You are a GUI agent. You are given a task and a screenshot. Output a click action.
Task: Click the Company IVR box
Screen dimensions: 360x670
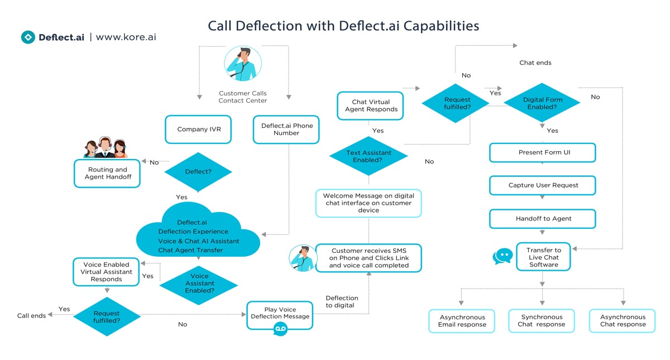pyautogui.click(x=199, y=129)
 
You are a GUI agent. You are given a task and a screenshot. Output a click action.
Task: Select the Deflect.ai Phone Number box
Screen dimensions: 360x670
pyautogui.click(x=286, y=129)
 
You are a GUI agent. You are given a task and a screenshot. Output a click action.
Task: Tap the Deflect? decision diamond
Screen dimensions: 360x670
pyautogui.click(x=198, y=172)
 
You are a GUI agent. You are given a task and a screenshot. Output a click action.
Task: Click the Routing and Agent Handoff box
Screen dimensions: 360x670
pyautogui.click(x=107, y=173)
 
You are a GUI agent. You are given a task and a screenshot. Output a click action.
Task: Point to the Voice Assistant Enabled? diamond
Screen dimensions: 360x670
pyautogui.click(x=199, y=284)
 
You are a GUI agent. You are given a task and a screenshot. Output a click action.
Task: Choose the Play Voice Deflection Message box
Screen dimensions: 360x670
pyautogui.click(x=280, y=314)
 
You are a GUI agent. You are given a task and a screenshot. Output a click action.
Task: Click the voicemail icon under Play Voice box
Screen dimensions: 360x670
pyautogui.click(x=280, y=330)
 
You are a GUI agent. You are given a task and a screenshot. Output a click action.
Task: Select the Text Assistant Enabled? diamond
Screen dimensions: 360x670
pyautogui.click(x=368, y=156)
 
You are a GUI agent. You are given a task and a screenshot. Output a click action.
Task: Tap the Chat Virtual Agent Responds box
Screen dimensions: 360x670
pyautogui.click(x=371, y=106)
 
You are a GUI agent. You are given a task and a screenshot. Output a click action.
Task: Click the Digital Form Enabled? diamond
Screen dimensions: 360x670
pyautogui.click(x=543, y=103)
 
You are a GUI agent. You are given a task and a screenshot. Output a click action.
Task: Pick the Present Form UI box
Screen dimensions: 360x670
pyautogui.click(x=543, y=153)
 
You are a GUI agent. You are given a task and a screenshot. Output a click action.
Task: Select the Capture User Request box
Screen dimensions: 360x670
pyautogui.click(x=543, y=185)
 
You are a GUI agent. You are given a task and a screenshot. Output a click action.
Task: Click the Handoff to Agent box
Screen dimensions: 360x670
pyautogui.click(x=543, y=219)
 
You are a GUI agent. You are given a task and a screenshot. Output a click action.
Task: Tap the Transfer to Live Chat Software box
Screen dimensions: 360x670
pyautogui.click(x=543, y=257)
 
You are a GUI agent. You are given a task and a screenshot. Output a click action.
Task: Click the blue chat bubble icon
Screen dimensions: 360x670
pyautogui.click(x=502, y=256)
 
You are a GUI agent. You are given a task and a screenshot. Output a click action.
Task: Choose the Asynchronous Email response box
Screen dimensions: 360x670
pyautogui.click(x=462, y=321)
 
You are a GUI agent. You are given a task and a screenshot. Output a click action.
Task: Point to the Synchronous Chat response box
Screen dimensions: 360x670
pyautogui.click(x=541, y=321)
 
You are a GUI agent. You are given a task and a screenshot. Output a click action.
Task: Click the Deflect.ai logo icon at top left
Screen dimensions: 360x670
pyautogui.click(x=28, y=37)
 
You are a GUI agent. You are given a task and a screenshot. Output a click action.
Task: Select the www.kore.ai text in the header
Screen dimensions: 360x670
pyautogui.click(x=126, y=37)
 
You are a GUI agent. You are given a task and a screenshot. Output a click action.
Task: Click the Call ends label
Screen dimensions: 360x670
pyautogui.click(x=31, y=316)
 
